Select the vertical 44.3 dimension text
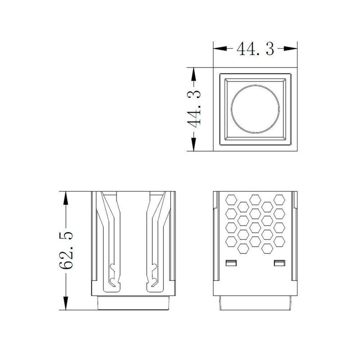(x=194, y=109)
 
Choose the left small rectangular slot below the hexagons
(x=231, y=262)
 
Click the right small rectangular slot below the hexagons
(x=279, y=262)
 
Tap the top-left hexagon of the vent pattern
(x=231, y=198)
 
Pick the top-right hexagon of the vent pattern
(x=280, y=198)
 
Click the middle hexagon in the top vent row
(x=256, y=198)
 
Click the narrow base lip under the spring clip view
(x=134, y=303)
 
